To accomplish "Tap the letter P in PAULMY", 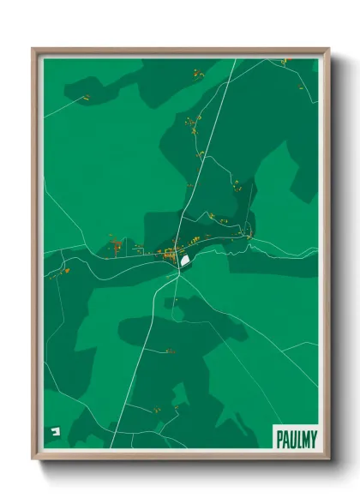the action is [279, 439].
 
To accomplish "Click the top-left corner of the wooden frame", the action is [33, 50].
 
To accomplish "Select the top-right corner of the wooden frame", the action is [328, 50].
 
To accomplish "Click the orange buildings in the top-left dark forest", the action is [86, 99].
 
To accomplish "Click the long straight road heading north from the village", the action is [206, 154].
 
